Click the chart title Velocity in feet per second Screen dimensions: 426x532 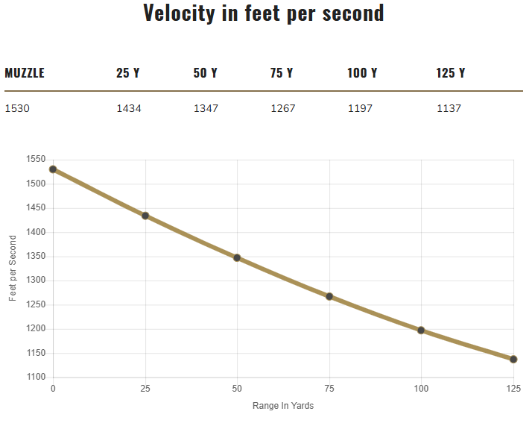(x=264, y=13)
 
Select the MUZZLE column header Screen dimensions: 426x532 (x=25, y=73)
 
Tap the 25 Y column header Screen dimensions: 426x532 (x=127, y=73)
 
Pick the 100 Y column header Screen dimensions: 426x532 (x=362, y=73)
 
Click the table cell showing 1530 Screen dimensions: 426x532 (x=17, y=108)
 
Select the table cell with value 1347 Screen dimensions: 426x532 (x=206, y=108)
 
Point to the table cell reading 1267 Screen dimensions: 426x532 (x=283, y=108)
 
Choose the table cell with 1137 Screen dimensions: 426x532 (x=449, y=108)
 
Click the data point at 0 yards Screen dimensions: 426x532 (x=53, y=169)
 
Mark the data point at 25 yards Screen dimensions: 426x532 (x=145, y=216)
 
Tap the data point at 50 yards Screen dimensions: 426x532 (x=237, y=257)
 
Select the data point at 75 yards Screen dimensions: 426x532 (x=329, y=296)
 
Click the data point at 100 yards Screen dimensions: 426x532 (x=421, y=330)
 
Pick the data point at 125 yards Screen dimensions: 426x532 (x=513, y=359)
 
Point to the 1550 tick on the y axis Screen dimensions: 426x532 (x=35, y=160)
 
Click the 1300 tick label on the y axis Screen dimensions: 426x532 (x=35, y=281)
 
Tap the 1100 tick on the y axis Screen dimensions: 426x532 (x=35, y=377)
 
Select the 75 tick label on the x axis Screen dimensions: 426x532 (x=329, y=389)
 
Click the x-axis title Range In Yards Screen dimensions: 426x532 (x=283, y=406)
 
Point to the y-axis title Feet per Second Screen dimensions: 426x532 (x=13, y=268)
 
